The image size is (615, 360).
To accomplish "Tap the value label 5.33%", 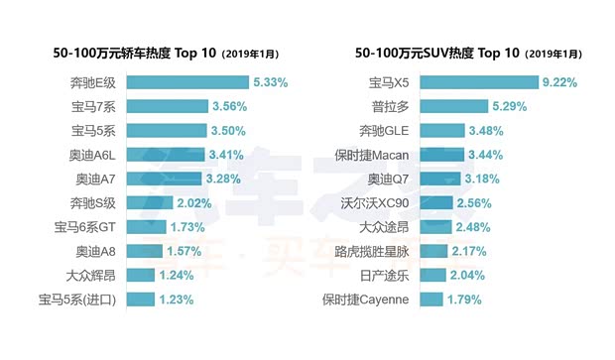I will point(271,82).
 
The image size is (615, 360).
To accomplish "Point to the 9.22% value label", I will point(559,82).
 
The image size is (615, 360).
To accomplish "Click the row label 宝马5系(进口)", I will point(80,299).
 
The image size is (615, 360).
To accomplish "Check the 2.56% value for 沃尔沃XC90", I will point(474,202).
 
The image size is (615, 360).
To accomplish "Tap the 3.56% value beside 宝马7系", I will point(227,106).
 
